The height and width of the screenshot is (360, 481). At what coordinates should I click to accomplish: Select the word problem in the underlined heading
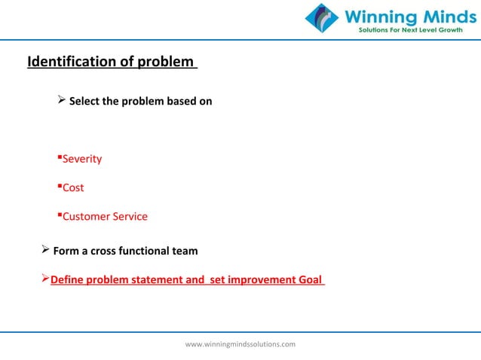tap(165, 61)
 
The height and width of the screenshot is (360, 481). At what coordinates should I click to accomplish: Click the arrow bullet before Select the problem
tap(63, 100)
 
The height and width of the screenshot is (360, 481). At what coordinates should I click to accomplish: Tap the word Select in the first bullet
tap(85, 101)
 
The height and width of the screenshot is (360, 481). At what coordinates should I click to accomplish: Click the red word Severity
tap(81, 159)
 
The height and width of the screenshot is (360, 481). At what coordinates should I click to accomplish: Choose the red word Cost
tap(73, 188)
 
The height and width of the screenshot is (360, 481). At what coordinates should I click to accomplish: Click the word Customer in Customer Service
tap(87, 216)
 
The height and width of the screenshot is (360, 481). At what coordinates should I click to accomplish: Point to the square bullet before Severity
tap(59, 157)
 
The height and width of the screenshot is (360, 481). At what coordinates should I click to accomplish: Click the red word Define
tap(67, 280)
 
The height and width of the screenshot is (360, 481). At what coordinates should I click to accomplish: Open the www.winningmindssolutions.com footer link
tap(240, 344)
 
